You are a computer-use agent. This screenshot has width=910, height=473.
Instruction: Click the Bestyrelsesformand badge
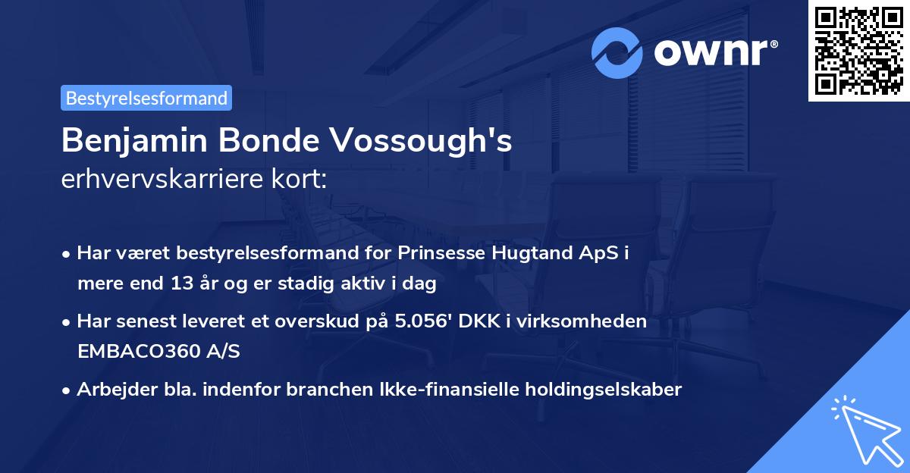(x=146, y=98)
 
